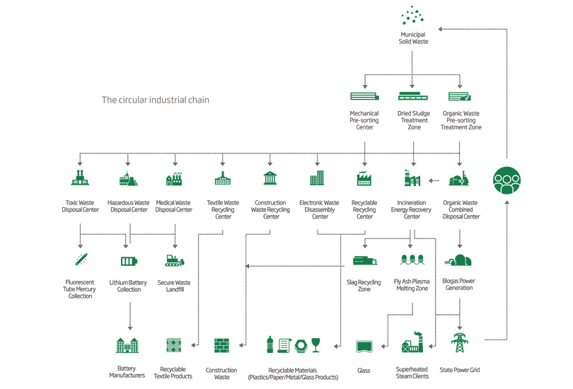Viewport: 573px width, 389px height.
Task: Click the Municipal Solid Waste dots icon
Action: click(x=413, y=15)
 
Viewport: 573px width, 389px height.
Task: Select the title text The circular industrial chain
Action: click(x=155, y=100)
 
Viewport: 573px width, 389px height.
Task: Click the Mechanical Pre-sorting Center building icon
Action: click(x=364, y=96)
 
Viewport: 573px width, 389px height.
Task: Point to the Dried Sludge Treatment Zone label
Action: click(x=412, y=120)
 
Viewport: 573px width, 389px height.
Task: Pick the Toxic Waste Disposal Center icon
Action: click(x=80, y=178)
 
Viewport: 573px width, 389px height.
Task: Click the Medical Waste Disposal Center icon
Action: click(x=173, y=179)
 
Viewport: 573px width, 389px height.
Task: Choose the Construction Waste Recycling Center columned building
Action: click(x=270, y=178)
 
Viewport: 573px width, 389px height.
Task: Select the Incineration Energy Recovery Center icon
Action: click(x=412, y=178)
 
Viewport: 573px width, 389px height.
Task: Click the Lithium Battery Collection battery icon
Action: click(x=129, y=261)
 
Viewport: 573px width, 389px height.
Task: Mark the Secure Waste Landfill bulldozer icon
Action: click(x=174, y=261)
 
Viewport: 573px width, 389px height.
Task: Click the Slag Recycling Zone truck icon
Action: click(x=364, y=261)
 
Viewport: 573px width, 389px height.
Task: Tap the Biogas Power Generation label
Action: click(x=460, y=284)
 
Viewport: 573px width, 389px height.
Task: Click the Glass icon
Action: click(x=364, y=346)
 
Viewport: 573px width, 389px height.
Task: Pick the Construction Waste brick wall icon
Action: click(x=221, y=345)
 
